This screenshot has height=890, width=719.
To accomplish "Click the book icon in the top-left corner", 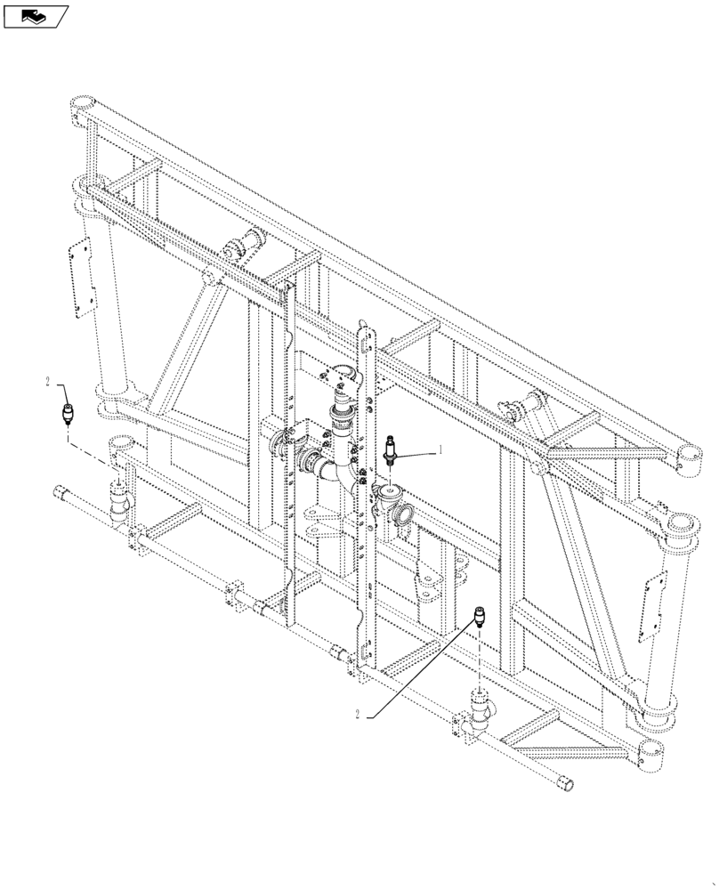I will coord(36,15).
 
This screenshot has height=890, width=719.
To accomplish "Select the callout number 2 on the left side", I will coord(48,382).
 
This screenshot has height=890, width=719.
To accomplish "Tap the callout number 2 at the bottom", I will coord(358,715).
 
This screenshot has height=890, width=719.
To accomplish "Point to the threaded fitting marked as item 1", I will coord(389,451).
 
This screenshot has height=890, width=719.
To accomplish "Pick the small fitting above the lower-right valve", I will coord(480,617).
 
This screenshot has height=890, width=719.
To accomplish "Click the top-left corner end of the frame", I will coord(82,106).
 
